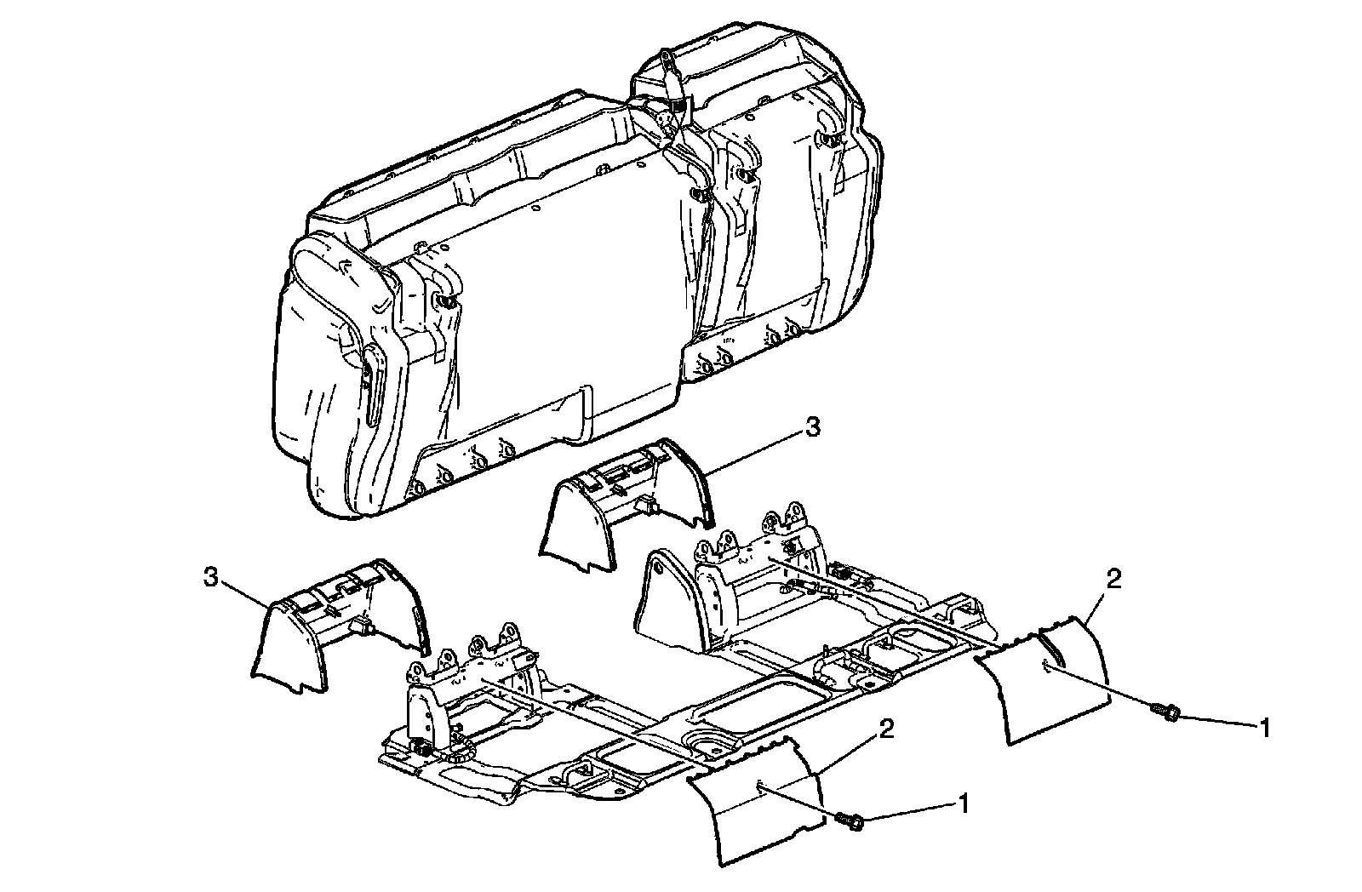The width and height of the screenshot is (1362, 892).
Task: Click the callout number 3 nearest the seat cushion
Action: (x=813, y=429)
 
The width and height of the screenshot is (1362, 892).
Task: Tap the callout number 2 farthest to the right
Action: (x=1113, y=579)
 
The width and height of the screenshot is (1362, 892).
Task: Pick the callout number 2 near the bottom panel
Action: (x=887, y=728)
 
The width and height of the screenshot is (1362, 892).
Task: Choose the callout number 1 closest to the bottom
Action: (x=963, y=802)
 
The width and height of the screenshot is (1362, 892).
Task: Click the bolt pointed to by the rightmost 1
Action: (x=1164, y=711)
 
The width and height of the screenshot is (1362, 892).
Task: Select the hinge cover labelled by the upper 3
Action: (x=626, y=502)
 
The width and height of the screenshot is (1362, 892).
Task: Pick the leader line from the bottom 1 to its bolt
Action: (x=911, y=810)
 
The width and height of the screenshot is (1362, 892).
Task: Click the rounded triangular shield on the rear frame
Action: (x=668, y=600)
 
